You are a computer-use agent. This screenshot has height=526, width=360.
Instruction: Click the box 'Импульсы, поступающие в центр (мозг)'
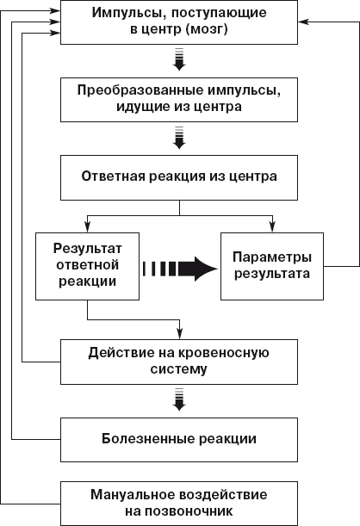point(179,25)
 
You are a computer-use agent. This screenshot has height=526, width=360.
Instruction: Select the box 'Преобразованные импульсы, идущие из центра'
point(179,99)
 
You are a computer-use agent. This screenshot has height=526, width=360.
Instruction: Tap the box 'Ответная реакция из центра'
point(179,177)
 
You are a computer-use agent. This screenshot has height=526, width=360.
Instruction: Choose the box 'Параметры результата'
point(273,265)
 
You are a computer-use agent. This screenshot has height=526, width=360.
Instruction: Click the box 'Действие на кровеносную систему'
point(179,361)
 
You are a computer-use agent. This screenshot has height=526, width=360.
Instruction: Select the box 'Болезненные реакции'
point(179,438)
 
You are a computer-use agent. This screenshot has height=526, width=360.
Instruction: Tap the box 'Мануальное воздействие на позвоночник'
point(179,503)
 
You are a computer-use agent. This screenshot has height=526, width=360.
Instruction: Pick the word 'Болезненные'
point(142,438)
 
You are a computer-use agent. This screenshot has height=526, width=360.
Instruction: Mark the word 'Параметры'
point(273,257)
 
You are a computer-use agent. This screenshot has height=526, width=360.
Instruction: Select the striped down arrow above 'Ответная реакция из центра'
point(179,138)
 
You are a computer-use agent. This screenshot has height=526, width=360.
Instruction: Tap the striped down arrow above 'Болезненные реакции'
point(179,400)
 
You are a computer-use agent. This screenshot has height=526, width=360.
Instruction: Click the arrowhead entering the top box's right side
point(303,25)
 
